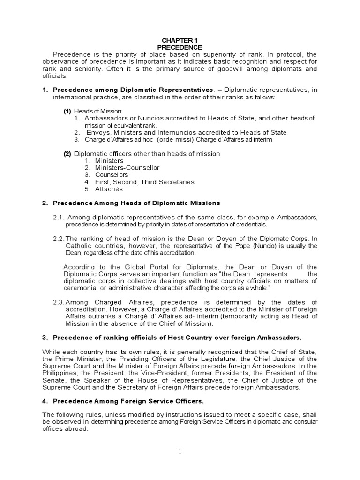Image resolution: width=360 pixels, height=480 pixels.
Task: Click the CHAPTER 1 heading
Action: coord(180,40)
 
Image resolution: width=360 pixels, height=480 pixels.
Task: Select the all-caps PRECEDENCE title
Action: coord(180,47)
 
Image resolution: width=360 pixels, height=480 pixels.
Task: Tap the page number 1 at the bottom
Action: coord(180,451)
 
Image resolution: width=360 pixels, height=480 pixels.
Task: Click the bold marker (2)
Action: coord(67,154)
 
